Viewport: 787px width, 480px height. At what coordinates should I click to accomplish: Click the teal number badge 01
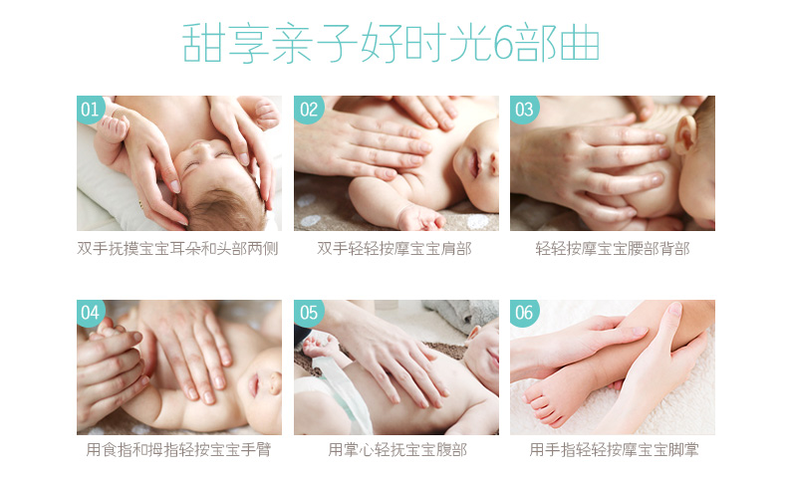91,110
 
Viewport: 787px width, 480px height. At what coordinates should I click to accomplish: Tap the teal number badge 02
309,110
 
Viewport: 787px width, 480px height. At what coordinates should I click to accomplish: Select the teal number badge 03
524,110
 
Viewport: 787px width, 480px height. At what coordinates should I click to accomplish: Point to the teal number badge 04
91,313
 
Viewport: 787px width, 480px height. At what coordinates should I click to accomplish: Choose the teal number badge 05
309,313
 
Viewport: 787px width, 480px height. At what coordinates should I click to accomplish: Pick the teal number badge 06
524,313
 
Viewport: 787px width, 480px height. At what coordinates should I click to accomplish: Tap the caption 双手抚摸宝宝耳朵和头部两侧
177,248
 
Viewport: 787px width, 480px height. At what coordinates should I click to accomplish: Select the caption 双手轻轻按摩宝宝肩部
394,248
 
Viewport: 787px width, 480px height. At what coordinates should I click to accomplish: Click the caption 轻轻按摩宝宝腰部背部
613,248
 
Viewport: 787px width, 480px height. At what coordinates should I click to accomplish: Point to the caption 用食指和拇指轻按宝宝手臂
178,449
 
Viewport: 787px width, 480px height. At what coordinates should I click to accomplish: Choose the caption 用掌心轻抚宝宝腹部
397,449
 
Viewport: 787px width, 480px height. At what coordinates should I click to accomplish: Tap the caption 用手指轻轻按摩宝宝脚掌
614,449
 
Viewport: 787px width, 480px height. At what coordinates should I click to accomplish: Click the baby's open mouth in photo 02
474,164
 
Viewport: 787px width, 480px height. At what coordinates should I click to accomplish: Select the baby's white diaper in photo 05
332,396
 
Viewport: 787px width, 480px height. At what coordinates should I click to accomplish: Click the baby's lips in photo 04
254,383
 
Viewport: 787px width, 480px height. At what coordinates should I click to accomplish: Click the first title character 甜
202,43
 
